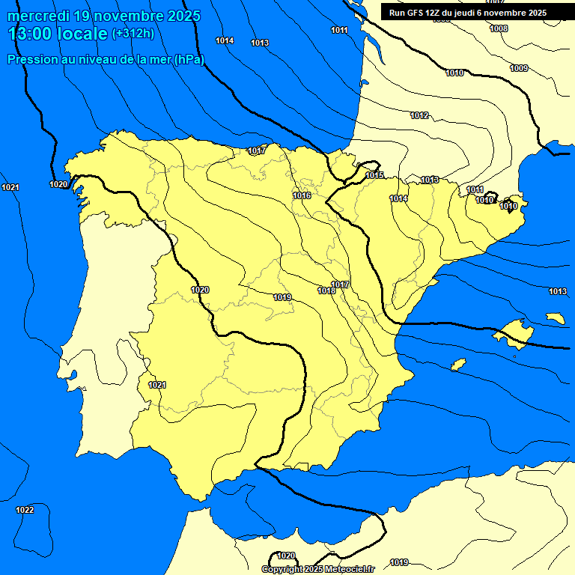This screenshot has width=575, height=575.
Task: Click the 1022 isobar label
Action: (x=25, y=510)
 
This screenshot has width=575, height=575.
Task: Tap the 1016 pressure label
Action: (x=302, y=195)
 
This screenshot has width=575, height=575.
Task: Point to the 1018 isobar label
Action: (x=326, y=290)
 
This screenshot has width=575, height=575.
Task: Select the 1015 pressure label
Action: (x=375, y=175)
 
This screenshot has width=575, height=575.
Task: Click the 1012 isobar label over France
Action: (x=419, y=115)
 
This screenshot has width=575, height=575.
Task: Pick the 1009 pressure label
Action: (x=519, y=68)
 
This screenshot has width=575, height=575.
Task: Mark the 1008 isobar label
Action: (x=499, y=28)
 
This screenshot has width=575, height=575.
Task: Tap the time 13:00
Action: (x=31, y=34)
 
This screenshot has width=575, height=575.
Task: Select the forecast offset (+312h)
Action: (x=133, y=34)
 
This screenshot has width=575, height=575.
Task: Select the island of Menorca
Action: (x=556, y=318)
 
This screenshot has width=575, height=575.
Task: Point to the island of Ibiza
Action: (x=459, y=365)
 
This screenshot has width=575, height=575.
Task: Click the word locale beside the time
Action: (x=82, y=34)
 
